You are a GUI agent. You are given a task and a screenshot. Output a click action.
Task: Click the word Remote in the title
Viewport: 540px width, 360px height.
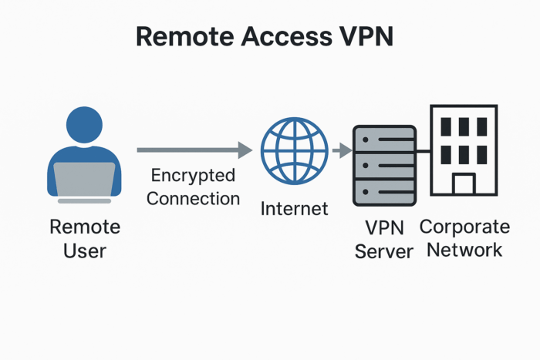(x=180, y=36)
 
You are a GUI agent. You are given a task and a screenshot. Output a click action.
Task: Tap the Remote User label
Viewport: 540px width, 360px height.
(x=85, y=239)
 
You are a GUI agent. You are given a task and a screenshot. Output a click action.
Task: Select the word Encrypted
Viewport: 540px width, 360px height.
(x=194, y=175)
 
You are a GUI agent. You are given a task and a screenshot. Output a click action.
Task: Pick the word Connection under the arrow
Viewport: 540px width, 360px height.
(x=194, y=198)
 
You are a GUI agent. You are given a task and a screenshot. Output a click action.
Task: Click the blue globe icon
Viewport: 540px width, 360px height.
(x=289, y=150)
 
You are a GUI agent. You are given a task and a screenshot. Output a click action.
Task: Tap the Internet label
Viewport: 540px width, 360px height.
(x=294, y=208)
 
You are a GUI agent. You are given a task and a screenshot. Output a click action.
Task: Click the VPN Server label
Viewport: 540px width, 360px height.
(x=384, y=240)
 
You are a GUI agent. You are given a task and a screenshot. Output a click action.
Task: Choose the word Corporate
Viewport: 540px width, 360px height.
(x=464, y=227)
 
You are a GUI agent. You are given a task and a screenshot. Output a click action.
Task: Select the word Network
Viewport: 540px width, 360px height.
(x=464, y=250)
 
